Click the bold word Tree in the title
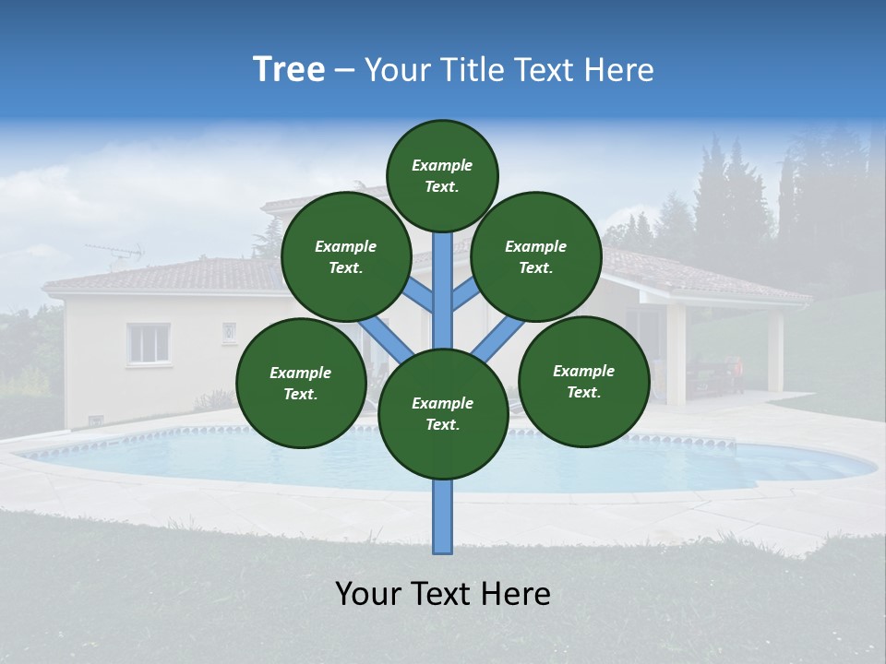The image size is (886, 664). [x=289, y=70]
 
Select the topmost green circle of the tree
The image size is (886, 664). [x=442, y=175]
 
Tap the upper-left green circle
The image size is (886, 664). [x=346, y=256]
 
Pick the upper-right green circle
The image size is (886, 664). [x=536, y=256]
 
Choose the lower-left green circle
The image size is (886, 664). [x=301, y=383]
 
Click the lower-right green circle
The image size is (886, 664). [x=583, y=381]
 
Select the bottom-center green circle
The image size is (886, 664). [x=443, y=413]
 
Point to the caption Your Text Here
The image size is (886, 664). [x=443, y=594]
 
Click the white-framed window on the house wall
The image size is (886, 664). [x=148, y=343]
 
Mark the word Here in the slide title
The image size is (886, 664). [x=619, y=70]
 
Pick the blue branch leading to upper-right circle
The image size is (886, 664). [x=465, y=294]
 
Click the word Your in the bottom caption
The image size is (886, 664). [x=366, y=594]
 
